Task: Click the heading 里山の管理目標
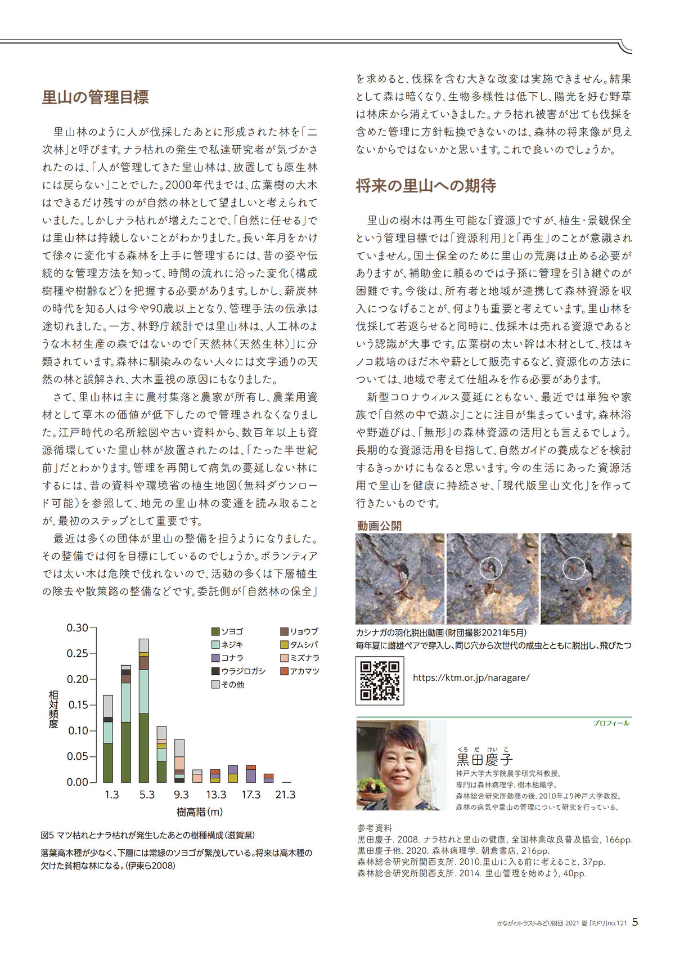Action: coord(95,97)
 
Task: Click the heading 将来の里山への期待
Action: coord(426,186)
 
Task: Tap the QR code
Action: coord(380,680)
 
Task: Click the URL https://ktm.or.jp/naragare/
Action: coord(471,678)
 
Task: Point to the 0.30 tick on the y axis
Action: coord(78,627)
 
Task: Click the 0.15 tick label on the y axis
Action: coord(78,705)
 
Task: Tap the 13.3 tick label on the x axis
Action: coord(216,795)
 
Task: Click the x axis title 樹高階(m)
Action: coord(200,812)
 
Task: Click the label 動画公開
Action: coord(379,526)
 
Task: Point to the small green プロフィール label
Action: coord(611,723)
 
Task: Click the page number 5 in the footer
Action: coord(635,922)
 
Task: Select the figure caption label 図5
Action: coord(47,835)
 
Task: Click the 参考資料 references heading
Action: coord(375,828)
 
